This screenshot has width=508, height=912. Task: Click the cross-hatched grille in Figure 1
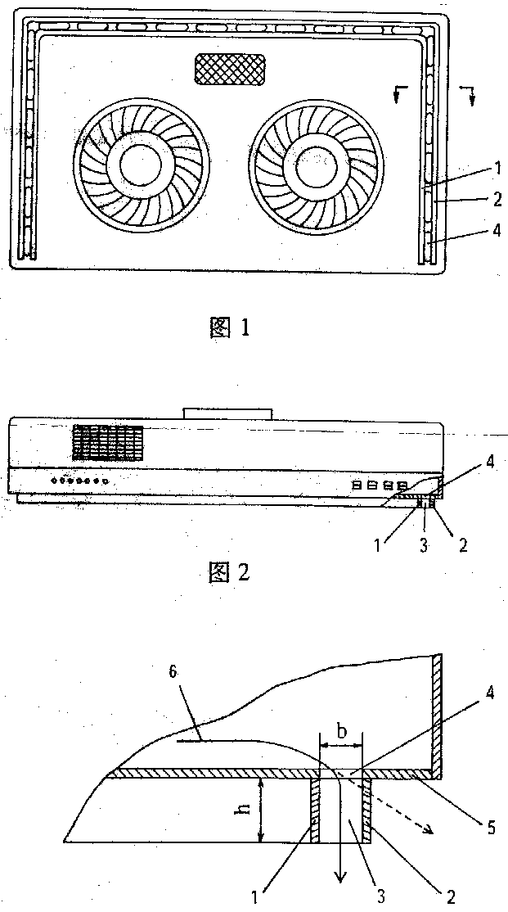point(231,70)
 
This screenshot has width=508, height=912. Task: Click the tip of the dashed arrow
point(430,832)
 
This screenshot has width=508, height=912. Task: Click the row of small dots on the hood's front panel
point(79,481)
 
